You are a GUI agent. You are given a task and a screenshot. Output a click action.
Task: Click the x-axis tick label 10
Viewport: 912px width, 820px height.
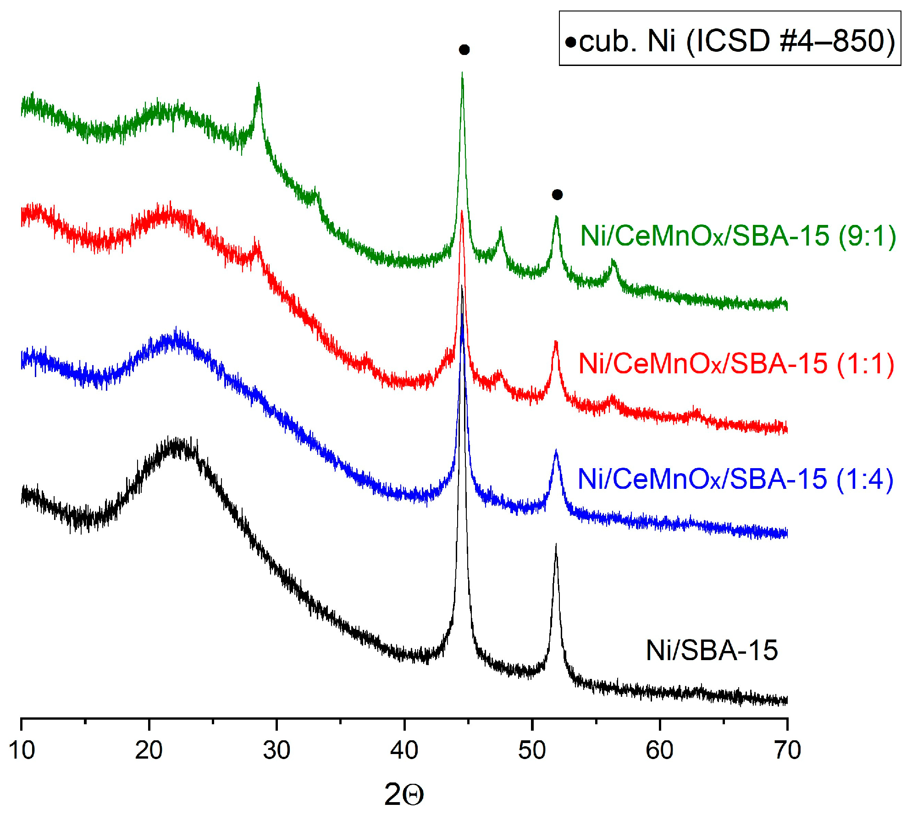tap(22, 750)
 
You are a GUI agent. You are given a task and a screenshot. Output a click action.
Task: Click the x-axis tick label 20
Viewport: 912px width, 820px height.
tap(149, 750)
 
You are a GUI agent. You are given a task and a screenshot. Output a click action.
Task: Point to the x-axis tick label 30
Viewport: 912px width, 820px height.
tap(276, 750)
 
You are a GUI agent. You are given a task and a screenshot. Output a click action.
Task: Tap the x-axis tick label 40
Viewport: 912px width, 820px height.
tap(404, 750)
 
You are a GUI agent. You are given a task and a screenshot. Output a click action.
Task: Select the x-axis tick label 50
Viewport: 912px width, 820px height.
tap(532, 750)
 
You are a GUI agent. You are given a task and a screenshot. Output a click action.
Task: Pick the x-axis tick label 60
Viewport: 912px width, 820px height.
tap(659, 750)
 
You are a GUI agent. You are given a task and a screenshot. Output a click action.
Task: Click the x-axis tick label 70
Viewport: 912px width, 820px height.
tap(787, 750)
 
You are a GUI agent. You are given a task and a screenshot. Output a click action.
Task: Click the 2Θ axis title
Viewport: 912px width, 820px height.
tap(404, 794)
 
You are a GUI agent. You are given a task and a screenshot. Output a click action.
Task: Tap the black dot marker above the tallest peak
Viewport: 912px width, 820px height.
tap(464, 49)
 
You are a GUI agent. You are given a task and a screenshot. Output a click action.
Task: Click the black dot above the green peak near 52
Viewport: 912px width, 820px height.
tap(557, 195)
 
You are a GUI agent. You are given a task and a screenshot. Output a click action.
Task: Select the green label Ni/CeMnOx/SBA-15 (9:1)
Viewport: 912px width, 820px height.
tap(738, 236)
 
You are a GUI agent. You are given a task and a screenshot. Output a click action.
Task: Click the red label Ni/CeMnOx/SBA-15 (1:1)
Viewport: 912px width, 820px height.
tap(736, 364)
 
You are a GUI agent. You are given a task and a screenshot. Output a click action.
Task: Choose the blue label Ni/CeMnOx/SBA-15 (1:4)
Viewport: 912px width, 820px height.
tap(735, 479)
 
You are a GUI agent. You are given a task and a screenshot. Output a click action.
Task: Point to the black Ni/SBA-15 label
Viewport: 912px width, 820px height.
tap(712, 650)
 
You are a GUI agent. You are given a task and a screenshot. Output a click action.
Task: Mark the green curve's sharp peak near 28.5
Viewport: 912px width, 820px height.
tap(258, 85)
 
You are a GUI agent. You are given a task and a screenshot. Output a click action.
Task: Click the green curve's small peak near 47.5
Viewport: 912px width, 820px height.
tap(501, 229)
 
